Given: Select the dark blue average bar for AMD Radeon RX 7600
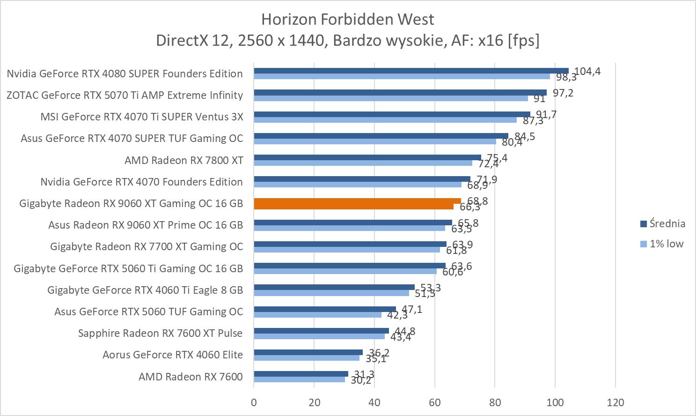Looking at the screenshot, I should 300,374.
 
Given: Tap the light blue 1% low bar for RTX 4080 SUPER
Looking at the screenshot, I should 402,76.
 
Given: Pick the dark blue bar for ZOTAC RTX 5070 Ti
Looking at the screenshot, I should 400,92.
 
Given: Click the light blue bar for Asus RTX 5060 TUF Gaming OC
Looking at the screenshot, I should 317,315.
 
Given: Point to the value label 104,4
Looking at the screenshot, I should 587,71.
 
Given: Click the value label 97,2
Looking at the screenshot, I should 563,93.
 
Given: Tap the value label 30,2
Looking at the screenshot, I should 361,380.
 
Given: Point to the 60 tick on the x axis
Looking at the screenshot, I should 434,402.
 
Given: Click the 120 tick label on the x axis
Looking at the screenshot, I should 615,402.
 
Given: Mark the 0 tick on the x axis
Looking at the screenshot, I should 254,402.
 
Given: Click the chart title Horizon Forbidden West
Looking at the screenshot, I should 347,19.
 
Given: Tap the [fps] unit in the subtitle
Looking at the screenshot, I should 523,41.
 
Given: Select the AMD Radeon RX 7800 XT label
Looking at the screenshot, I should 183,160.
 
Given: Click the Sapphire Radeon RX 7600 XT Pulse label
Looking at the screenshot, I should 160,333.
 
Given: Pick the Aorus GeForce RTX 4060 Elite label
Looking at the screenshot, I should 172,355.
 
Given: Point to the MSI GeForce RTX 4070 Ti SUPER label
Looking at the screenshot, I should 141,117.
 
